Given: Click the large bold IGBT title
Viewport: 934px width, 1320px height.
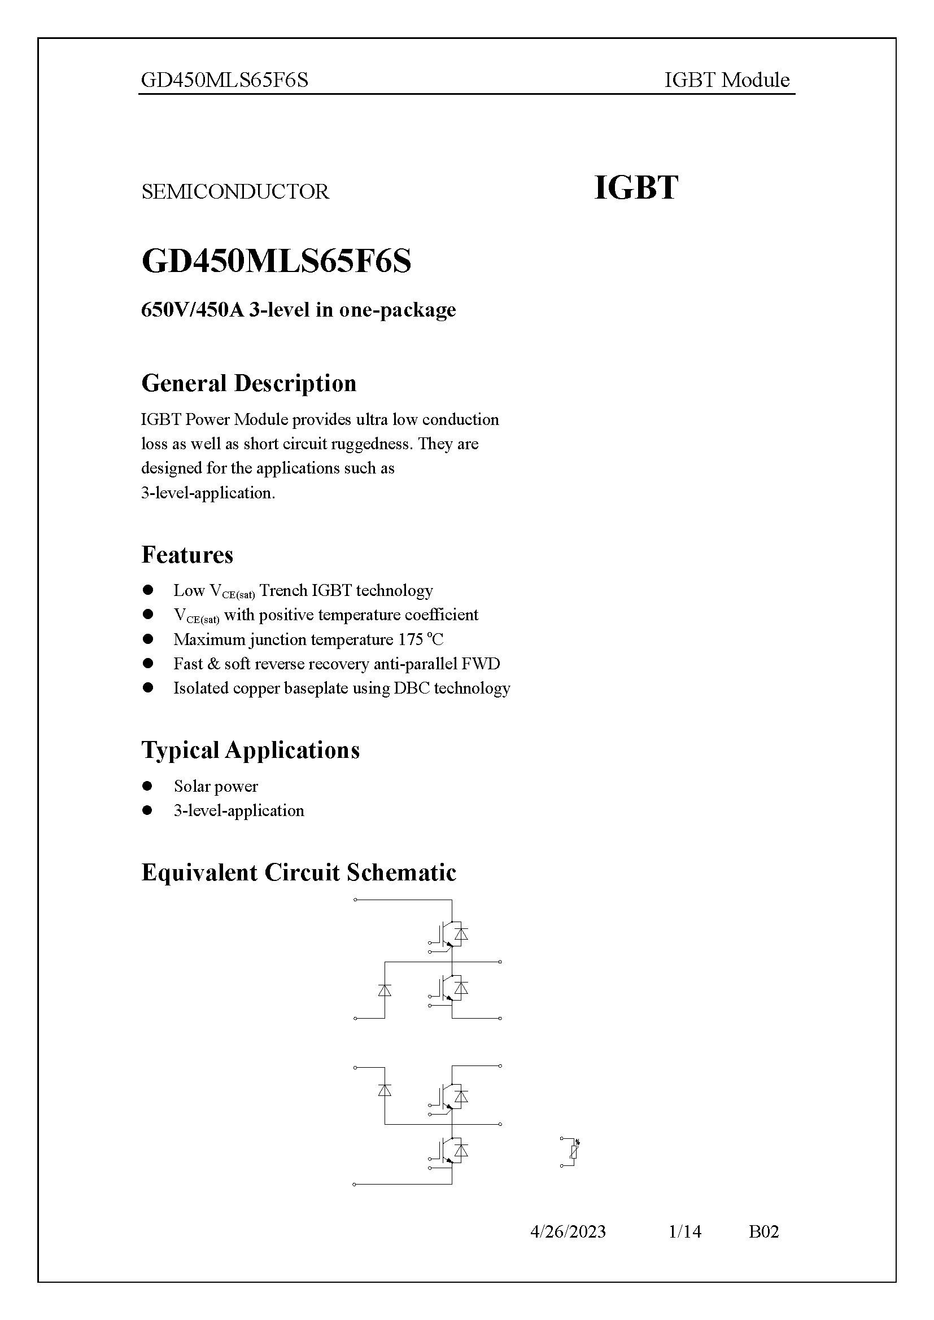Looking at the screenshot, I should click(x=635, y=188).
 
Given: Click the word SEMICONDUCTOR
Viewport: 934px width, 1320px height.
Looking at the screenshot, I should click(x=235, y=191).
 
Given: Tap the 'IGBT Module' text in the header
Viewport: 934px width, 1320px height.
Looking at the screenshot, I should click(x=726, y=80).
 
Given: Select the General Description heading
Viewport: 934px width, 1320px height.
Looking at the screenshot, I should click(x=248, y=383).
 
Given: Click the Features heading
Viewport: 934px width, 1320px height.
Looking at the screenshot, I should click(x=187, y=555).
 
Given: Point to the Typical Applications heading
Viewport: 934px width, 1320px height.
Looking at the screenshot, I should click(x=250, y=750).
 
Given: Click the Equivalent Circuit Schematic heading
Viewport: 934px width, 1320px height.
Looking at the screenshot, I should click(x=299, y=872).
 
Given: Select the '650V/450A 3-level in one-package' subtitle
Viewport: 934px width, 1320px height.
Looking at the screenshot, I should click(x=298, y=310).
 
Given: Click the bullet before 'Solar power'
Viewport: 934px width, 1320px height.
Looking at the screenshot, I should click(x=147, y=786).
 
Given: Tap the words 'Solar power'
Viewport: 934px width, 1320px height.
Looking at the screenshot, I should click(x=216, y=787).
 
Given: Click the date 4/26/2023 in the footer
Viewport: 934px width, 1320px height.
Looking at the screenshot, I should click(x=568, y=1231).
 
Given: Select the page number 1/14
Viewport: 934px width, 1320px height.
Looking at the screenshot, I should click(x=684, y=1231).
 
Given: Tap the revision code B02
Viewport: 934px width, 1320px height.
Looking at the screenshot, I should click(x=763, y=1231).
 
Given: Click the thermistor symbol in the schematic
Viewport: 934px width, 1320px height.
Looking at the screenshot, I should click(x=573, y=1152).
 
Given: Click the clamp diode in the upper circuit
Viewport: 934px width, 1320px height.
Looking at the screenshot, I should click(x=385, y=990).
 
